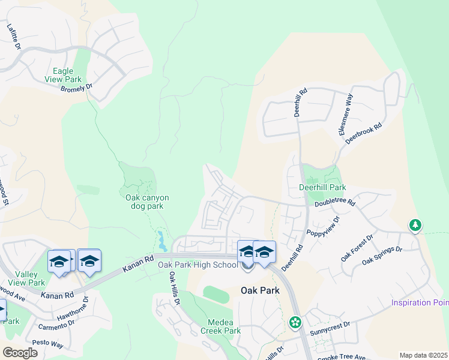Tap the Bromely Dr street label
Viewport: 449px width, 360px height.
pyautogui.click(x=77, y=88)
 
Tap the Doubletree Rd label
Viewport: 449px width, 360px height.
pyautogui.click(x=335, y=203)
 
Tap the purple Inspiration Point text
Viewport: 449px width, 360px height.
pyautogui.click(x=420, y=302)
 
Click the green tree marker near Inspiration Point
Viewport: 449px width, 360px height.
pyautogui.click(x=415, y=226)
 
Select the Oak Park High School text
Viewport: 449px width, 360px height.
pyautogui.click(x=198, y=265)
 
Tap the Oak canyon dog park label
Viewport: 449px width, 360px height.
pyautogui.click(x=147, y=202)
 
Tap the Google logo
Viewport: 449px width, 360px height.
pyautogui.click(x=19, y=353)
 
